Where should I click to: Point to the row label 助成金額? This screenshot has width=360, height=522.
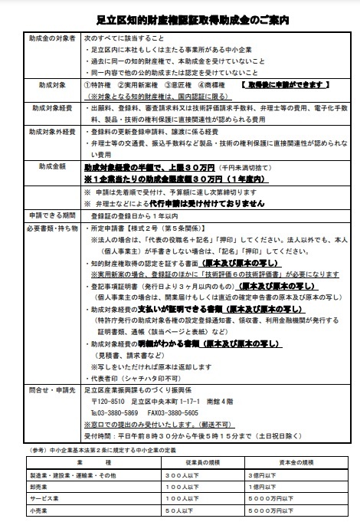point(41,165)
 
